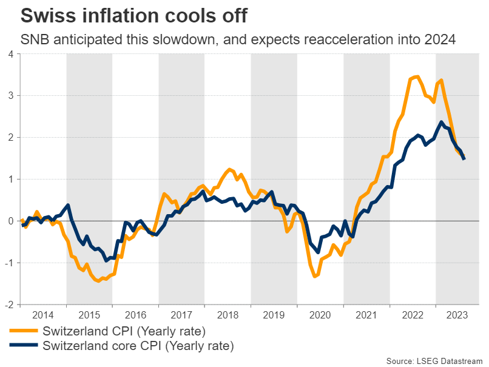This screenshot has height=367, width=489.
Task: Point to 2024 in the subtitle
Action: pyautogui.click(x=439, y=40)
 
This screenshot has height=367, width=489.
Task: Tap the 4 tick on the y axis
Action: pyautogui.click(x=10, y=54)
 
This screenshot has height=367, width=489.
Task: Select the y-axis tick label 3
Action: pyautogui.click(x=10, y=96)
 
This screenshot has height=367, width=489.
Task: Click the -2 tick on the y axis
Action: pyautogui.click(x=8, y=305)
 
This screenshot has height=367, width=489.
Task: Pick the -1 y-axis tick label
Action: pyautogui.click(x=8, y=263)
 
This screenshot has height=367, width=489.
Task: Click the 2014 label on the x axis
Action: pyautogui.click(x=42, y=315)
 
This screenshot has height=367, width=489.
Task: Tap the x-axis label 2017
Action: pyautogui.click(x=181, y=315)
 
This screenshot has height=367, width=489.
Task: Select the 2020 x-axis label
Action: pyautogui.click(x=320, y=315)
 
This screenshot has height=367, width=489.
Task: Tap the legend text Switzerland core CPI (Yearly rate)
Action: pyautogui.click(x=138, y=346)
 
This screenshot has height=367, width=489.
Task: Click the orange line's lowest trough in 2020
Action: pyautogui.click(x=315, y=276)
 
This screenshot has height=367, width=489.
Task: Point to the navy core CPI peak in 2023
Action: pyautogui.click(x=441, y=123)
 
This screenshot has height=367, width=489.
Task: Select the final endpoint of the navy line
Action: pyautogui.click(x=464, y=159)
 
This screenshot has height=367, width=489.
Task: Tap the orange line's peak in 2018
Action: pyautogui.click(x=231, y=169)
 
